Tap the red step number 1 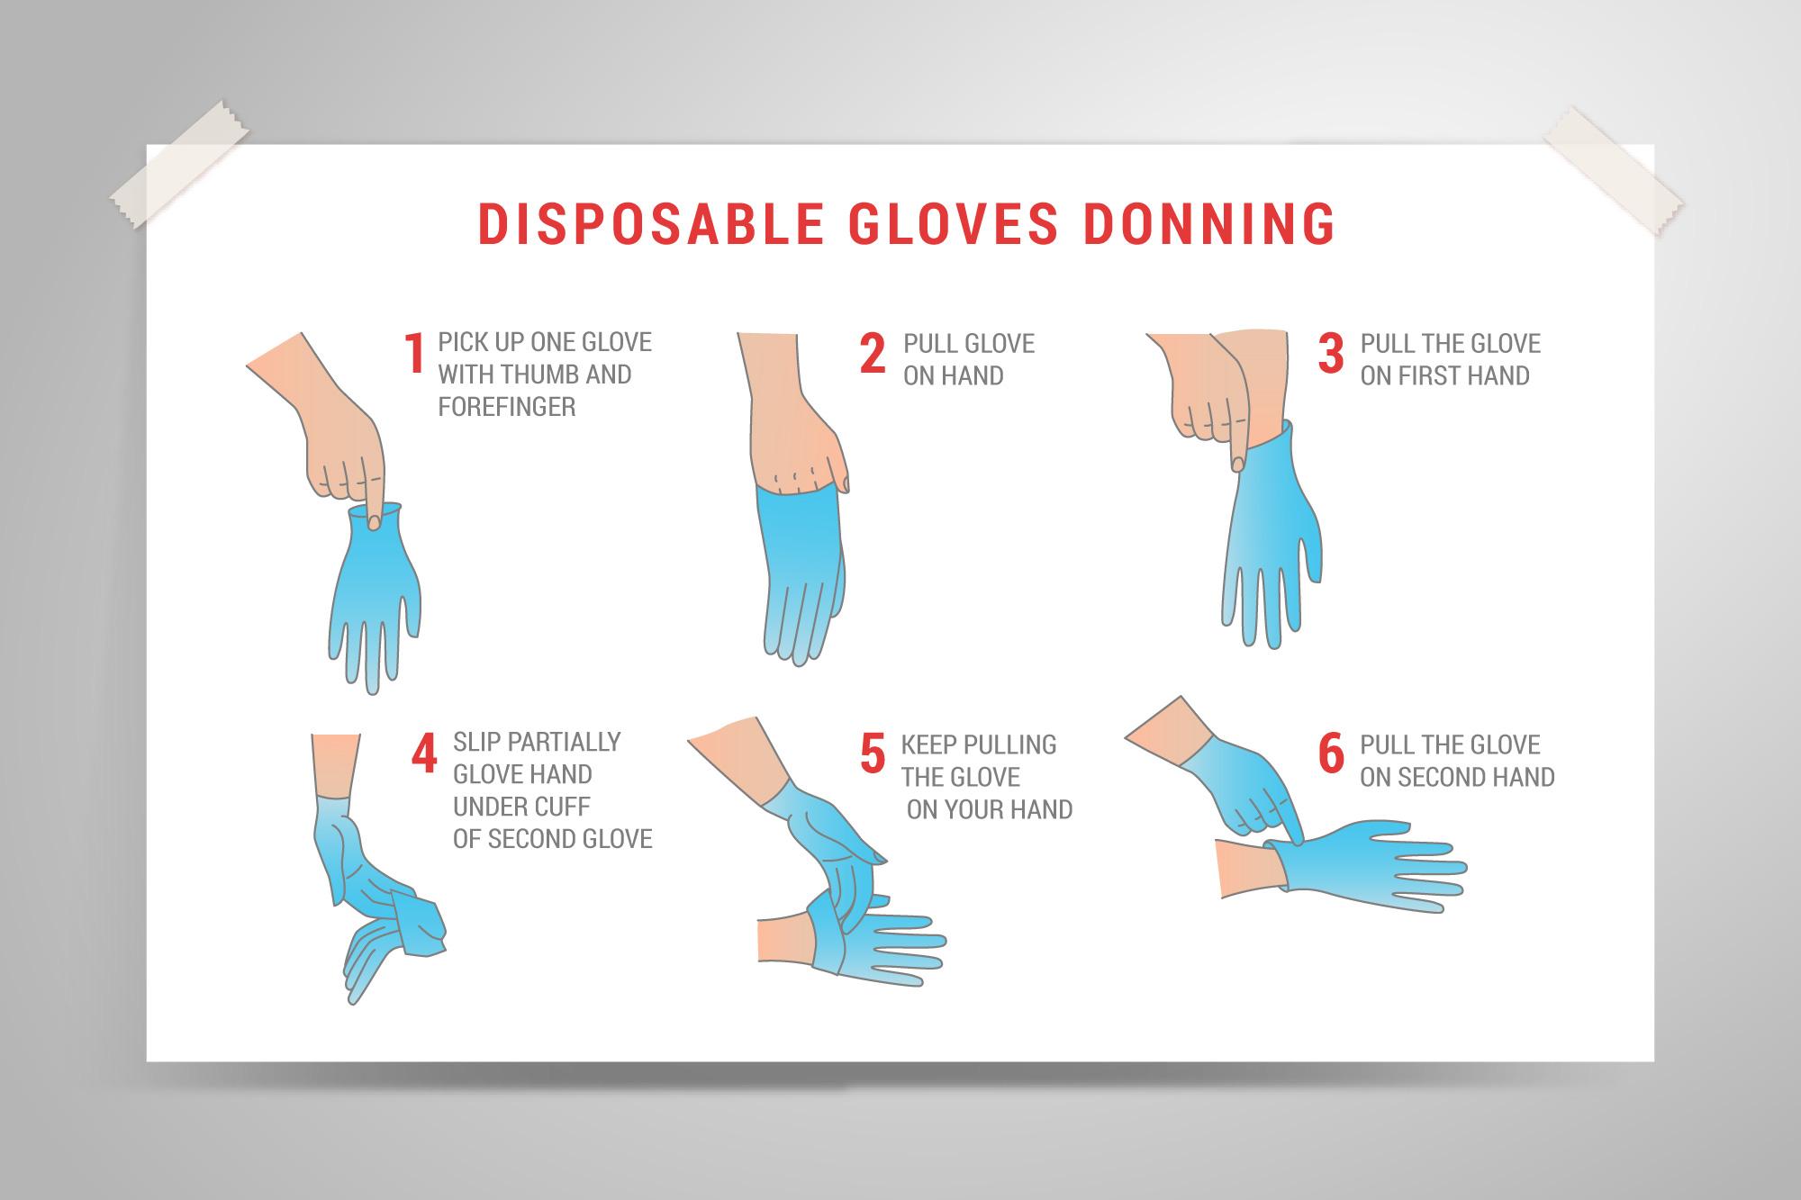[414, 353]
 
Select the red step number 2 [873, 353]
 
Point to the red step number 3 [1331, 353]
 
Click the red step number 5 [873, 754]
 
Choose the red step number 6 [1331, 754]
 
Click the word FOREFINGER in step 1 [506, 407]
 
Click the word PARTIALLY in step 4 [565, 742]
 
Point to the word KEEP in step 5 [928, 745]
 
